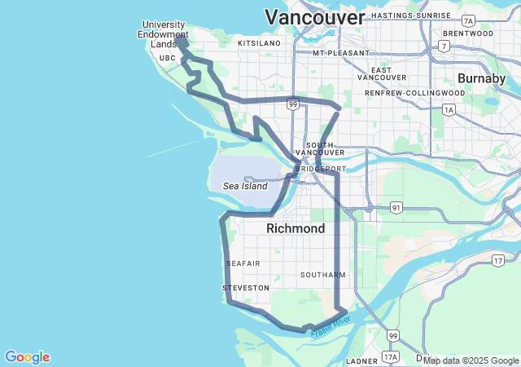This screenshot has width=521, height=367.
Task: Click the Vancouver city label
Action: [x=315, y=17]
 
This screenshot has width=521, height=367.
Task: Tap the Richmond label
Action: [x=296, y=228]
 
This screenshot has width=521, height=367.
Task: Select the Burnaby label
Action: [x=482, y=78]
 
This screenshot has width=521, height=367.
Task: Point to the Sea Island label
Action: [x=245, y=186]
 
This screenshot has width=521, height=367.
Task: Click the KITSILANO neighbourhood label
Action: [x=259, y=42]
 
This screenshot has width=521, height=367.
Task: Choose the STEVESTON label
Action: [x=245, y=288]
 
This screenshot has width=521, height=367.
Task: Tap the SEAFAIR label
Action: [x=243, y=263]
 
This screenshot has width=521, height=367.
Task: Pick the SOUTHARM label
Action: [x=323, y=275]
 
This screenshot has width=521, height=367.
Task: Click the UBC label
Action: [x=168, y=58]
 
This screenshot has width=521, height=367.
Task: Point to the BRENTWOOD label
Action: [x=468, y=33]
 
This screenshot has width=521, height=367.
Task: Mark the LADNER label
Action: [x=361, y=360]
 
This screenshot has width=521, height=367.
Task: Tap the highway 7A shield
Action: [x=467, y=20]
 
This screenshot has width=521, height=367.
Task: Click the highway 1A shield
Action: [x=449, y=108]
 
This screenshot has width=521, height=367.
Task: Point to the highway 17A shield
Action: [x=391, y=357]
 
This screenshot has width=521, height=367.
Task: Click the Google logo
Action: [x=27, y=357]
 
